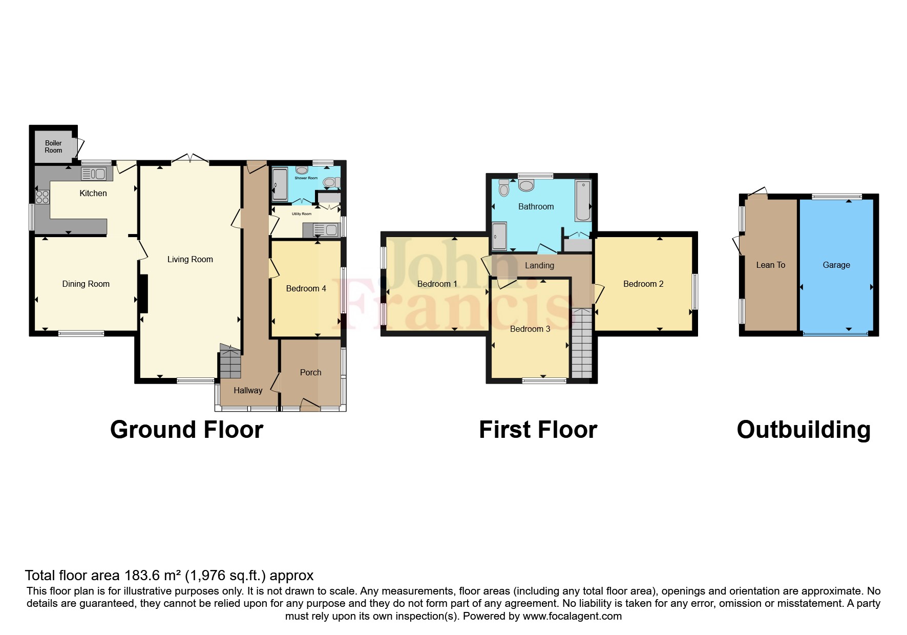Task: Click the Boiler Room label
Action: [53, 146]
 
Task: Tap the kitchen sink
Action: [93, 174]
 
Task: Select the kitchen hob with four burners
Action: [42, 197]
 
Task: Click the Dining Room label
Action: [86, 284]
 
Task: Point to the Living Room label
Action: [190, 260]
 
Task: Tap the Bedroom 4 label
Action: [306, 289]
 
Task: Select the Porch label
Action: [311, 373]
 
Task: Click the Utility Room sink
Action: [321, 230]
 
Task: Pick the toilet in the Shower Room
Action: [330, 181]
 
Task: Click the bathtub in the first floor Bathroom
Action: [583, 200]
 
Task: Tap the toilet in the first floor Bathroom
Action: [504, 189]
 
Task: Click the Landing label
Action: [539, 265]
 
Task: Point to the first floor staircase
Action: [582, 343]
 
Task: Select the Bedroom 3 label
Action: [530, 329]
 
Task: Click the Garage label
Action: [836, 265]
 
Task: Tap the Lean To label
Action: [771, 265]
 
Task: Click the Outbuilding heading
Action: [804, 430]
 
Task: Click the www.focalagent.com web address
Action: [572, 616]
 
